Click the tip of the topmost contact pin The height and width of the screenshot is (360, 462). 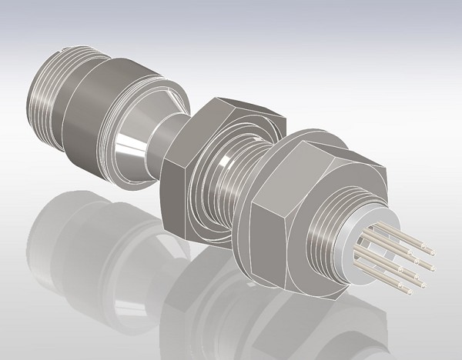pyautogui.click(x=432, y=252)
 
